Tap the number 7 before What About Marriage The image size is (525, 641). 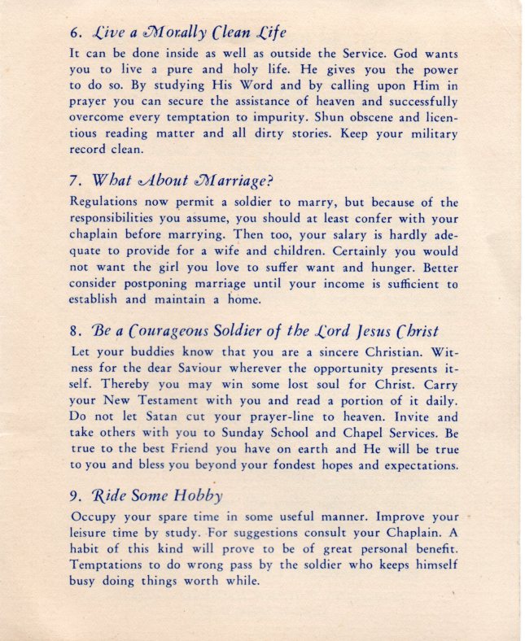tap(76, 180)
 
